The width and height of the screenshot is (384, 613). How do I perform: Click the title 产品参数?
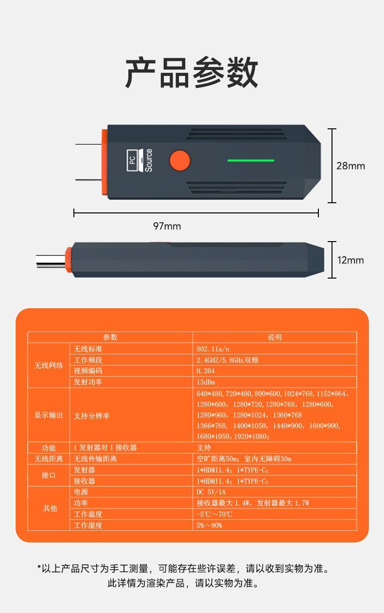click(x=192, y=72)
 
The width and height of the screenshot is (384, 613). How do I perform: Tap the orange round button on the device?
click(x=180, y=160)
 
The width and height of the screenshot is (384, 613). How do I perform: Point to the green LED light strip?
click(x=251, y=160)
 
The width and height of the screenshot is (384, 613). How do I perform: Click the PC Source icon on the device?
click(x=140, y=160)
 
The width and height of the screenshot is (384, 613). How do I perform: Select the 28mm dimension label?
click(x=350, y=166)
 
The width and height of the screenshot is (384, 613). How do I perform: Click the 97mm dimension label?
click(x=167, y=226)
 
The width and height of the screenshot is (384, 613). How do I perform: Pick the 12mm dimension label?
click(x=350, y=260)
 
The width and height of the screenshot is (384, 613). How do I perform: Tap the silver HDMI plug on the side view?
click(x=51, y=262)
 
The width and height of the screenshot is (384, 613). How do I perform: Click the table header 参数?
click(x=110, y=337)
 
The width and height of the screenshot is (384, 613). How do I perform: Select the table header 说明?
click(x=275, y=337)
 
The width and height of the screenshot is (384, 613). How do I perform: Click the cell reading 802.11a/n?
click(x=213, y=349)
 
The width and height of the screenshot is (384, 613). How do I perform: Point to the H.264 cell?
click(x=206, y=371)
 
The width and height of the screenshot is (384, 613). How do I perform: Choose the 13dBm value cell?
click(x=206, y=382)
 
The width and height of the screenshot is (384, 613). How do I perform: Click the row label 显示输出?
click(x=49, y=415)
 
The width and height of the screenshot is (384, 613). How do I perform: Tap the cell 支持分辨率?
click(x=92, y=416)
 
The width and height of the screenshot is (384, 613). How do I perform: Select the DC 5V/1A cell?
click(x=211, y=492)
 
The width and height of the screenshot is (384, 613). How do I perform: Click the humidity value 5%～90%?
click(x=209, y=525)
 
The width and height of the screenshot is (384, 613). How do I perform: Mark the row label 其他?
click(x=50, y=508)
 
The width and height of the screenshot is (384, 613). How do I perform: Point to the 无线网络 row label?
click(x=49, y=366)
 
